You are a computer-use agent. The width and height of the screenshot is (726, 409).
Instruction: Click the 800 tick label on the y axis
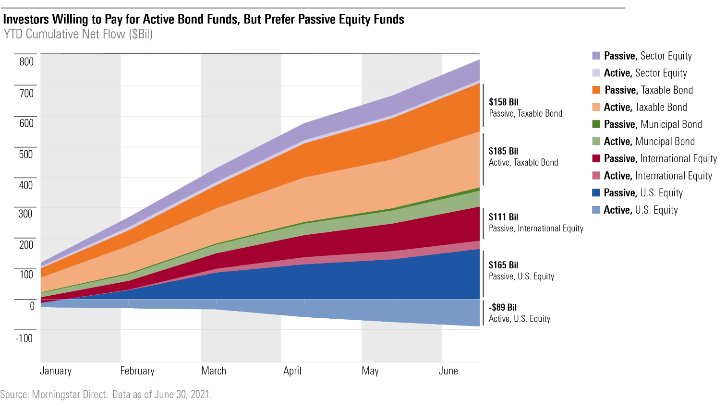coord(26,61)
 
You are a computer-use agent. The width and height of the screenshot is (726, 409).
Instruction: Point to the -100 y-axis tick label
coord(24,338)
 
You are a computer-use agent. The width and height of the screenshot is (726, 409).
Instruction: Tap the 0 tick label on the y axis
coord(32,306)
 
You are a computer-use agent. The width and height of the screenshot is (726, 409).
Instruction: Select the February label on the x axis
coord(137,371)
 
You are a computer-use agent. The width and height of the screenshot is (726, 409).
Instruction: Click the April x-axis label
coord(292,371)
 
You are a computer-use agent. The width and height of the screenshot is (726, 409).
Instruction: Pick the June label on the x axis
coord(448,371)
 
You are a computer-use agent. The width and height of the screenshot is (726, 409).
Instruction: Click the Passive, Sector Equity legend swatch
coord(596,56)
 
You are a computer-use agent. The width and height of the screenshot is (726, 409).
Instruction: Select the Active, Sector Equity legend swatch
coord(596,73)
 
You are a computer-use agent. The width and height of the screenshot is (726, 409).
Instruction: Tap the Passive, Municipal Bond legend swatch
coord(596,124)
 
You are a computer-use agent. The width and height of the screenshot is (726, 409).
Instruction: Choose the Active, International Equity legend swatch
coord(596,176)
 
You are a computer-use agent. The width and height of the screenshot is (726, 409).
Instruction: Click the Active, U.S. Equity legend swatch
coord(596,210)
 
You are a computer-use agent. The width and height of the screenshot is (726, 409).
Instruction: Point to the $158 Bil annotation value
coord(504,102)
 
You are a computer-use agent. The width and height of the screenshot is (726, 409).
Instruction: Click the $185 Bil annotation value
coord(504,151)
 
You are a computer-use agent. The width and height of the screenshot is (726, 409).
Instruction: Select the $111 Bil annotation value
coord(504,217)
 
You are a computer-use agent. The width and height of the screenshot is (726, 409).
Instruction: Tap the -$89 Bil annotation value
coord(503,307)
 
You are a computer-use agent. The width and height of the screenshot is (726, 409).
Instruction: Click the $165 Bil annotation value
coord(504,265)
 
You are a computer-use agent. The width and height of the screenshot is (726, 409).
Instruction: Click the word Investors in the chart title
coord(26,19)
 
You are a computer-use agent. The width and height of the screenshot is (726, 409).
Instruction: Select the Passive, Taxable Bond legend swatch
coord(596,90)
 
